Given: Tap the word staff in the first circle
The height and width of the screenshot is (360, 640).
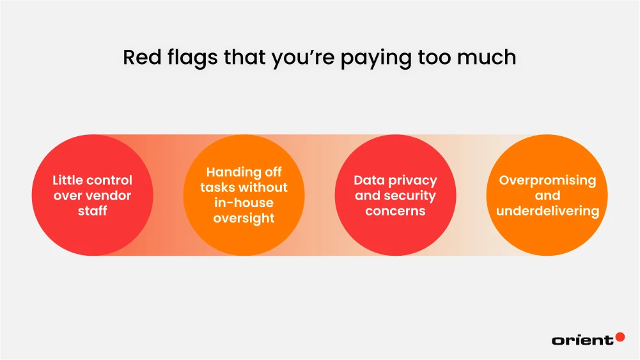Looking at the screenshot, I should pyautogui.click(x=92, y=211).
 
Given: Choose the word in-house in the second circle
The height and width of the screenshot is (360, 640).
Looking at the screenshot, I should pyautogui.click(x=244, y=203).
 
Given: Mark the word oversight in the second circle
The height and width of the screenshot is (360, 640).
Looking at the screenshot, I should pyautogui.click(x=244, y=219).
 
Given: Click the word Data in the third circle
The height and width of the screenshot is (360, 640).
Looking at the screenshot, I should pyautogui.click(x=369, y=180).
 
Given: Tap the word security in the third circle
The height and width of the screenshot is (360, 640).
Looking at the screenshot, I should pyautogui.click(x=410, y=196).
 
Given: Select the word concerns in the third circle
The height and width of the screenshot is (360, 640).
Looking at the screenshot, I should pyautogui.click(x=395, y=211).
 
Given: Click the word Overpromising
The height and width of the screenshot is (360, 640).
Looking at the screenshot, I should pyautogui.click(x=547, y=180).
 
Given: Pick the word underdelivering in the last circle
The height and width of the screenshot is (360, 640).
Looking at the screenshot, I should pyautogui.click(x=547, y=211).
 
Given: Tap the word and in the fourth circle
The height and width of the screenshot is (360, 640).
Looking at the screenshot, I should pyautogui.click(x=547, y=196).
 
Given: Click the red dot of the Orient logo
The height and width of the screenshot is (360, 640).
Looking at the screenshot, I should pyautogui.click(x=619, y=336).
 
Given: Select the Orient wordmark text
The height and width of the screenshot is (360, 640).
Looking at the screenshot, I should pyautogui.click(x=582, y=340).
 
